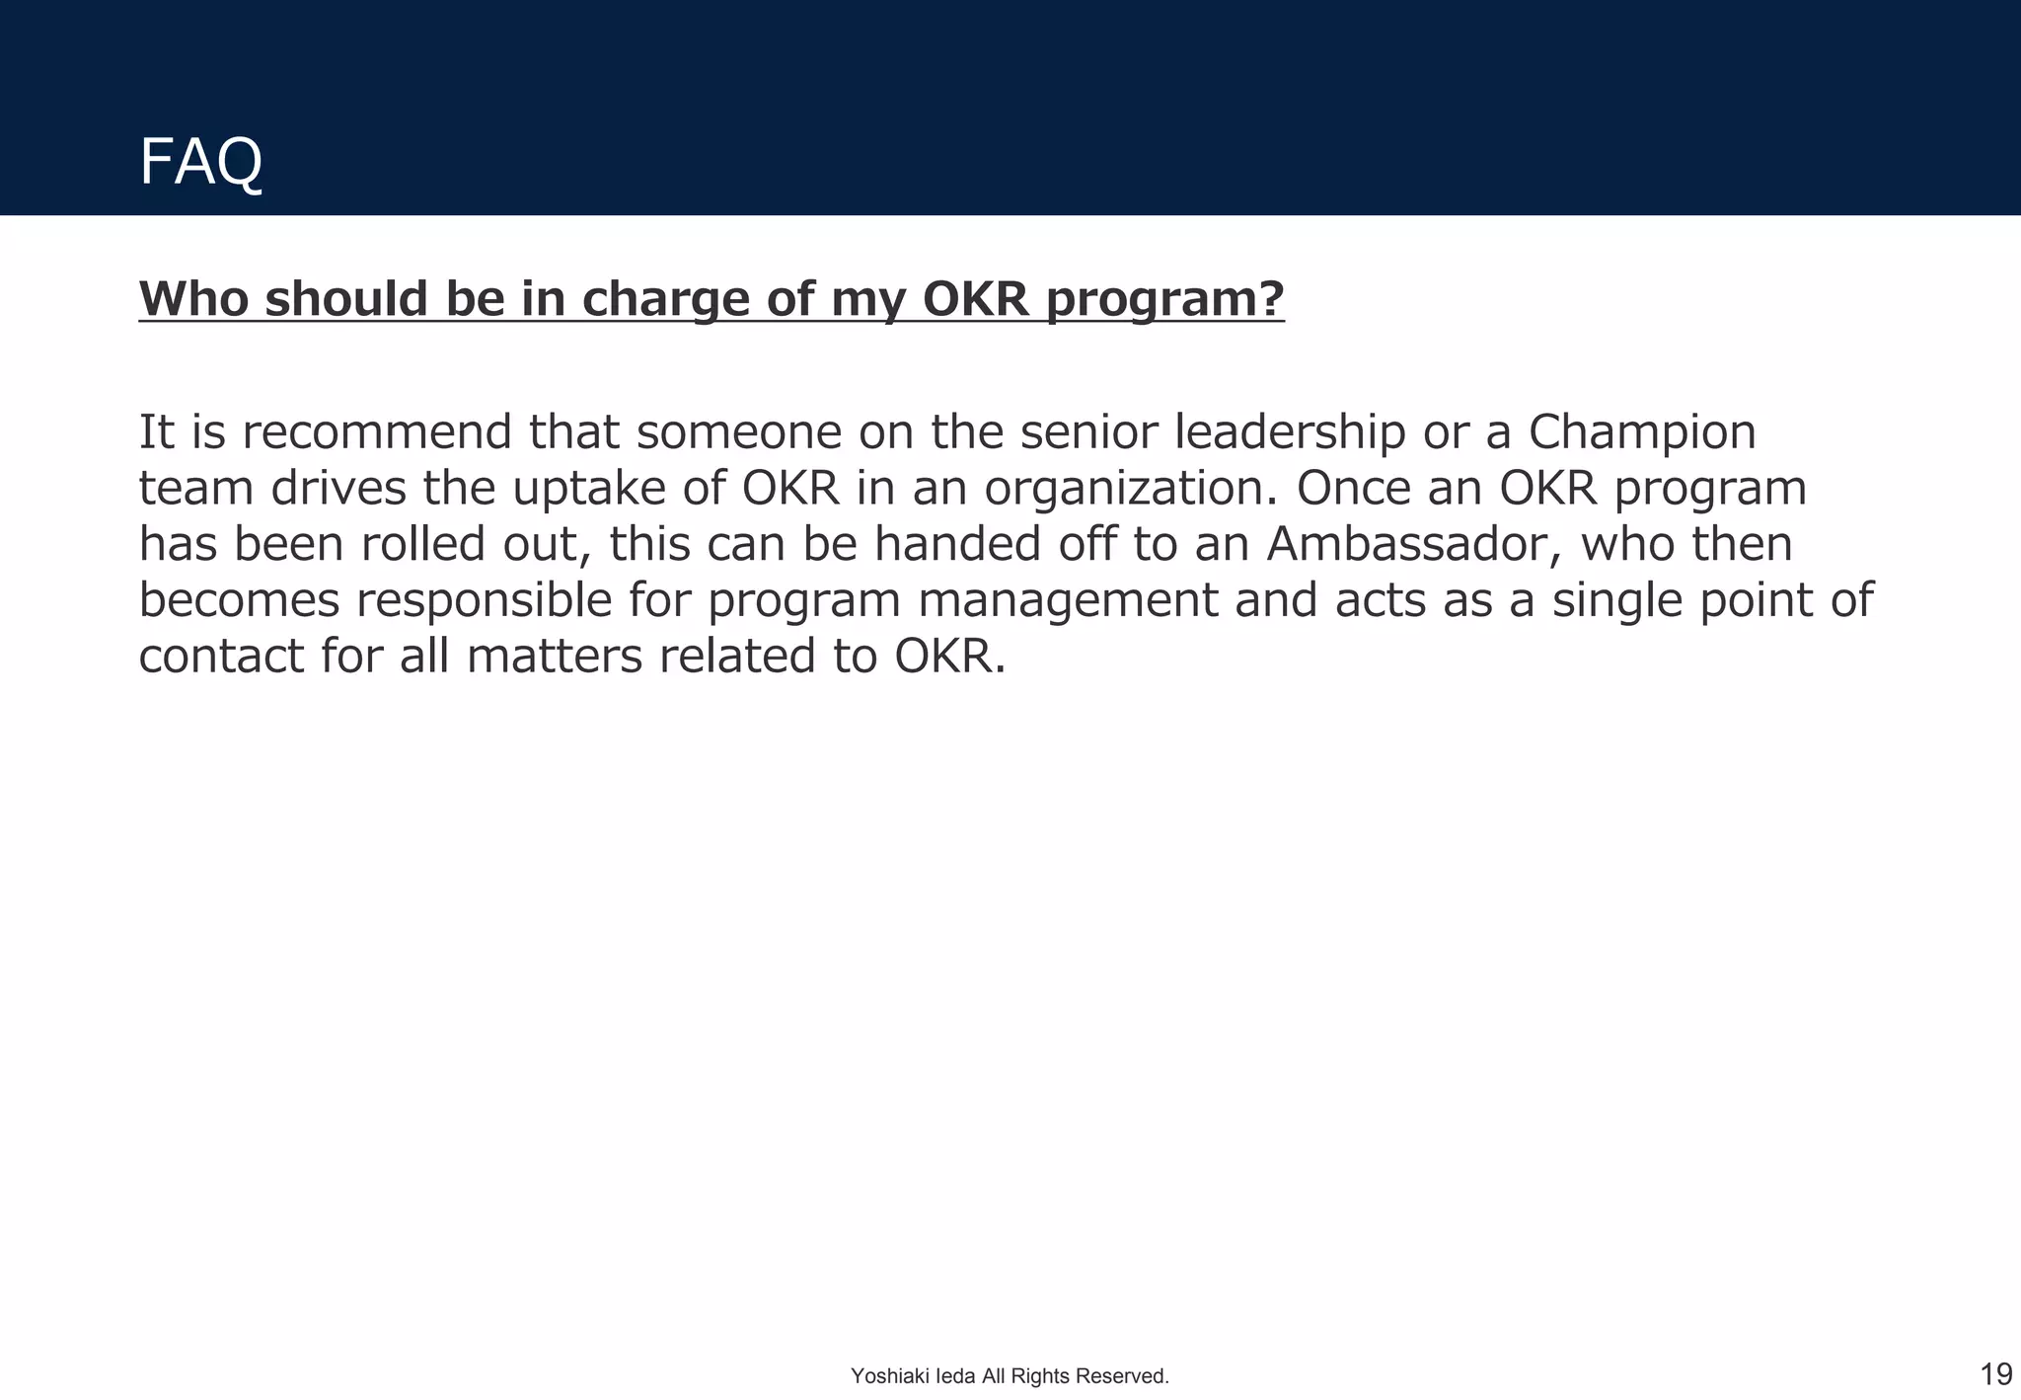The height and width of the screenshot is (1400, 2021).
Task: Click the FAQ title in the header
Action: (x=200, y=162)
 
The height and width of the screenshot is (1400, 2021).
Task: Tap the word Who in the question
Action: (x=193, y=298)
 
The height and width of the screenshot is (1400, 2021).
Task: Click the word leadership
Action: (x=1289, y=432)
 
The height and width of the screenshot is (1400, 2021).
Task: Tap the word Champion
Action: (x=1641, y=432)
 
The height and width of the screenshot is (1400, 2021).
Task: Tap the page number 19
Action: (x=1995, y=1373)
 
